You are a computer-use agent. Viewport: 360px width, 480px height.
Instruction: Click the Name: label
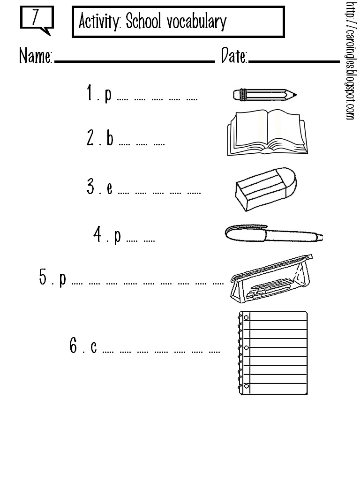[x=36, y=56]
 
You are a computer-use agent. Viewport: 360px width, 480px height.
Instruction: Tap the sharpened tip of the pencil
[x=294, y=95]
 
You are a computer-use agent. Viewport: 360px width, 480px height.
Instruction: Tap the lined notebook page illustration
[x=272, y=352]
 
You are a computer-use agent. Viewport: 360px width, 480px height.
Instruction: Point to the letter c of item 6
[x=94, y=347]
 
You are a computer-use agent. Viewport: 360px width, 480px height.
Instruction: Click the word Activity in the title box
[x=99, y=22]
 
